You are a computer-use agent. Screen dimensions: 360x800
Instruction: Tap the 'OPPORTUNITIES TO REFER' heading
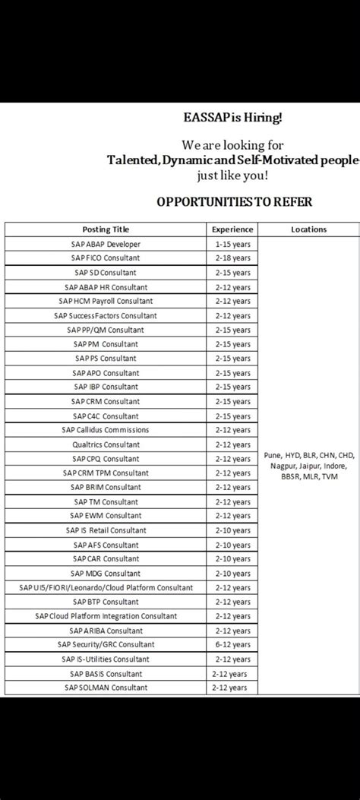(x=234, y=201)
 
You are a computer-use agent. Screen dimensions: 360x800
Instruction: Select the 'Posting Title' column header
(x=106, y=229)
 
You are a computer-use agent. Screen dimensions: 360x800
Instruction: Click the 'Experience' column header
(x=232, y=229)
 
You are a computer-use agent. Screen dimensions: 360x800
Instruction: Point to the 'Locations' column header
(x=308, y=229)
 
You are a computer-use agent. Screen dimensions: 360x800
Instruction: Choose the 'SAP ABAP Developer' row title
(x=106, y=244)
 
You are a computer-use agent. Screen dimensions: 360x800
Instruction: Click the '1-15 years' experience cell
(x=232, y=244)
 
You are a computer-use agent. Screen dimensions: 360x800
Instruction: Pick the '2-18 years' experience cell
(x=232, y=258)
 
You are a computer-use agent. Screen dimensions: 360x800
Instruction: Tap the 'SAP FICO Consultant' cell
(x=106, y=258)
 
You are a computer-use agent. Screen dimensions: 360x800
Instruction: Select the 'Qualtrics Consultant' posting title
(x=106, y=444)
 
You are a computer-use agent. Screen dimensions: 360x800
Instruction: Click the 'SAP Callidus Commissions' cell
(x=106, y=430)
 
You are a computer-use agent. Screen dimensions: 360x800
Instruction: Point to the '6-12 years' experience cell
(x=232, y=645)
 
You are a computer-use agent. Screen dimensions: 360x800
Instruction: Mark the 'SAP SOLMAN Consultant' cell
(x=106, y=688)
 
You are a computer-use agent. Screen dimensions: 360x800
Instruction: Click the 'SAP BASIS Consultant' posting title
(x=106, y=674)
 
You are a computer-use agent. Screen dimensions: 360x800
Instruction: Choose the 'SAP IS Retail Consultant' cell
(x=106, y=530)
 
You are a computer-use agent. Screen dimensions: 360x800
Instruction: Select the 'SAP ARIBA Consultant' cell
(x=106, y=631)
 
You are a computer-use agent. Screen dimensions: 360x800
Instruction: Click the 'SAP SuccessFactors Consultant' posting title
(x=106, y=315)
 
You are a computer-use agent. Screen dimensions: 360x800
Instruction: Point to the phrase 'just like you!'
(x=234, y=175)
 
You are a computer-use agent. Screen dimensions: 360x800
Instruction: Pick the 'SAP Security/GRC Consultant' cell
(x=106, y=645)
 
